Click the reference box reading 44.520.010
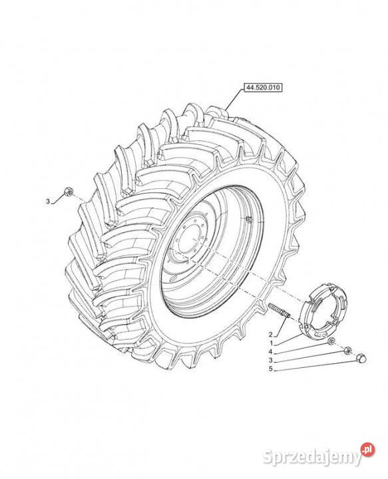pyautogui.click(x=263, y=87)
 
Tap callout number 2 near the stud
pyautogui.click(x=270, y=333)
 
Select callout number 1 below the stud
pyautogui.click(x=271, y=343)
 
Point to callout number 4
pyautogui.click(x=270, y=352)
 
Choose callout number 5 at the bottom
pyautogui.click(x=270, y=369)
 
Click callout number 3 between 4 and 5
pyautogui.click(x=270, y=361)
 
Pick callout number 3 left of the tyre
pyautogui.click(x=48, y=202)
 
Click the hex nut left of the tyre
pyautogui.click(x=68, y=192)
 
